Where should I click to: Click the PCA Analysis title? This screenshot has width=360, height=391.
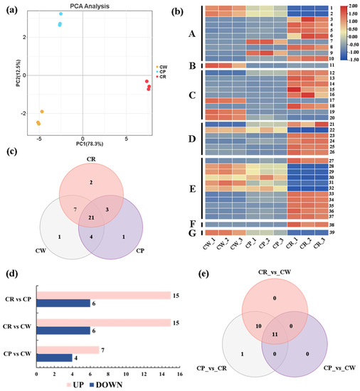[84, 6]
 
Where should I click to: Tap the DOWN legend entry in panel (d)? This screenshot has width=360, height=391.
[103, 382]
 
